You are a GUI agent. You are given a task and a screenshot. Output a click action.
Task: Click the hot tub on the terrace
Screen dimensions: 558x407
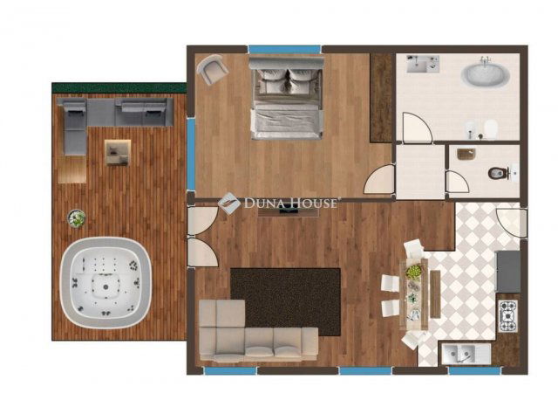(x=106, y=282)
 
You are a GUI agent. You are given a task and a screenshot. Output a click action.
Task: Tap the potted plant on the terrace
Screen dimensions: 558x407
(x=77, y=218)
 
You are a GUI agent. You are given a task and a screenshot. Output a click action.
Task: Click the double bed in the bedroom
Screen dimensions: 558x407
(x=287, y=97)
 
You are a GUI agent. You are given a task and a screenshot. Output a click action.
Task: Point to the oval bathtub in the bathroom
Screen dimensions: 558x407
(x=486, y=75)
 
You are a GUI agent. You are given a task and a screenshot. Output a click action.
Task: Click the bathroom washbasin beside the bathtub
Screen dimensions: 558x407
(x=423, y=64)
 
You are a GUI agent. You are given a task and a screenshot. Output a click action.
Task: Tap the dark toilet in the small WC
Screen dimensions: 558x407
(x=497, y=173)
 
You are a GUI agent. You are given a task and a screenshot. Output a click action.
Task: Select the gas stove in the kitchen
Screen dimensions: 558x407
(x=507, y=316)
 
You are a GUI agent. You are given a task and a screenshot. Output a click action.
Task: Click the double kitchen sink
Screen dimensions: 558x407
(x=466, y=354)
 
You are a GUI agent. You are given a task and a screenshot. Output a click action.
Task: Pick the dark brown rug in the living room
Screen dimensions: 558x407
(x=285, y=301)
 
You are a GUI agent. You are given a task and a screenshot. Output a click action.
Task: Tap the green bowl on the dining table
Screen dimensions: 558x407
(x=413, y=272)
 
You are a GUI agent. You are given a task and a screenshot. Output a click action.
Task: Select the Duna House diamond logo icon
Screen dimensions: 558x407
(x=228, y=203)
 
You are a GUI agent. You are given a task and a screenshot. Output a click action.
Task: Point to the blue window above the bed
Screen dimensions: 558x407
(x=284, y=49)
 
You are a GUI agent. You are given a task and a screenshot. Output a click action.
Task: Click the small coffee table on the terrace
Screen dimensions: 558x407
(x=118, y=153)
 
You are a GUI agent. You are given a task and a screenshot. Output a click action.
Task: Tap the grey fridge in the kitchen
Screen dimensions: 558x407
(x=508, y=272)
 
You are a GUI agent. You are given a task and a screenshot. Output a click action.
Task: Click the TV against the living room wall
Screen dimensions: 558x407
(x=289, y=211)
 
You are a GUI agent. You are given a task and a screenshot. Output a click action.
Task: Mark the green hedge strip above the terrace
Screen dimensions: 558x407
(x=119, y=87)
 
